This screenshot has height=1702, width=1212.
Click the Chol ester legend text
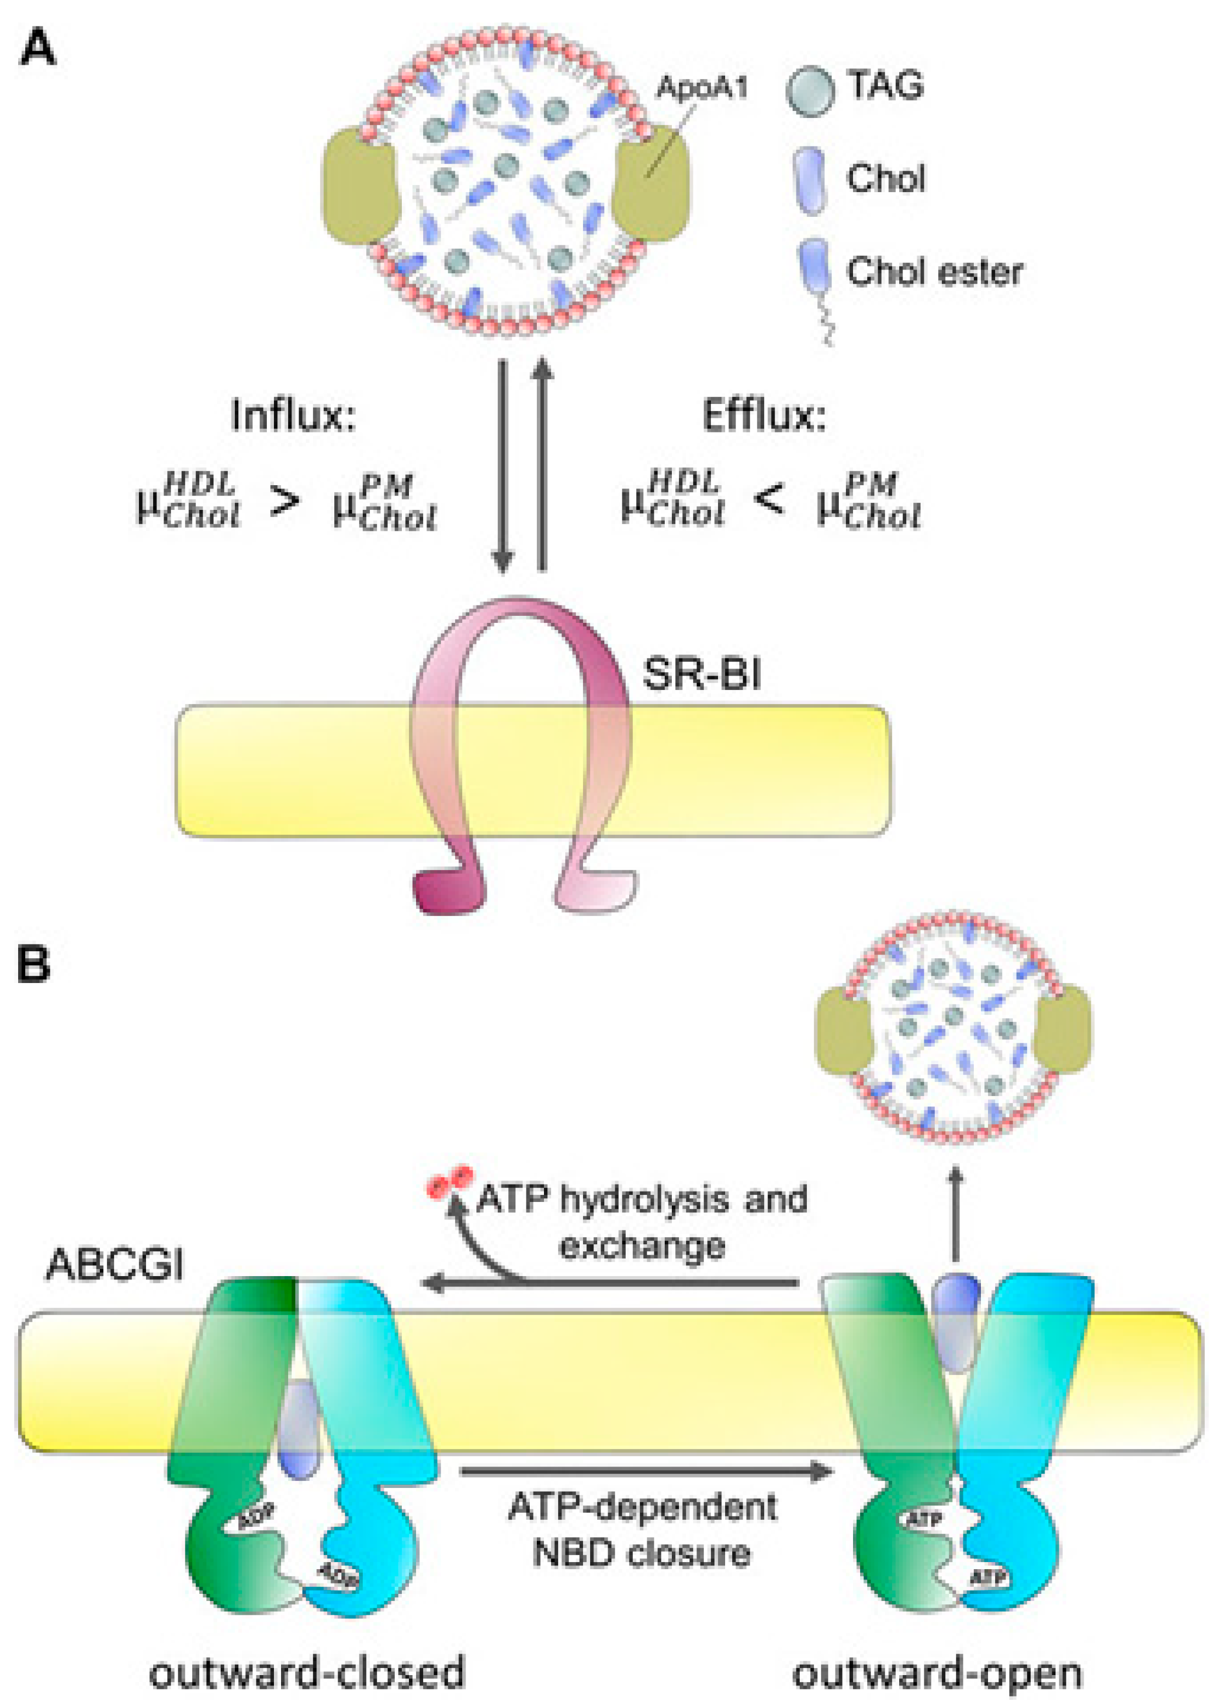coord(934,272)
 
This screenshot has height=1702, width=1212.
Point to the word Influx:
coord(293,415)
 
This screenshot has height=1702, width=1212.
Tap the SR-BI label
coord(702,675)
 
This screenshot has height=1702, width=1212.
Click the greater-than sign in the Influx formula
coord(286,502)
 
